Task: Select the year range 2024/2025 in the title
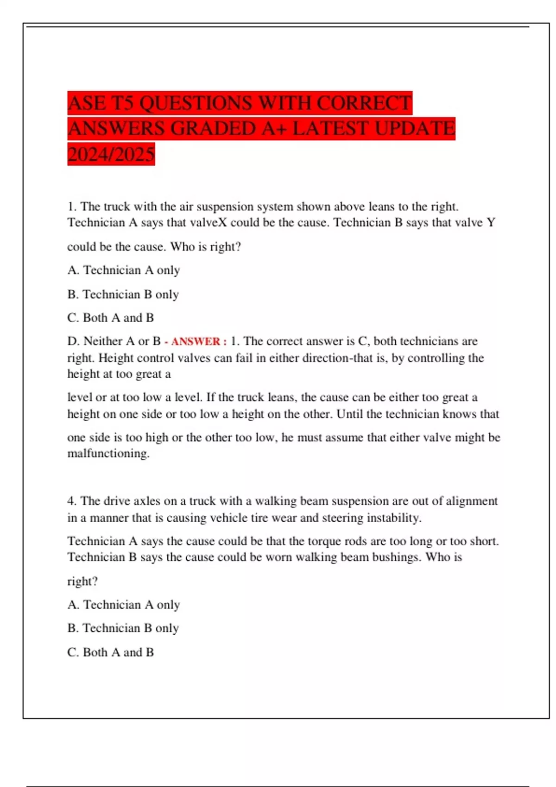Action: (x=111, y=154)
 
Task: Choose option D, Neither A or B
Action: (x=114, y=341)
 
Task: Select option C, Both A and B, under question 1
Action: (x=111, y=318)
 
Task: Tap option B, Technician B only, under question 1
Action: (x=123, y=294)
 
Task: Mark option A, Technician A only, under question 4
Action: (x=124, y=605)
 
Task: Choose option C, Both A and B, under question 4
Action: (x=111, y=652)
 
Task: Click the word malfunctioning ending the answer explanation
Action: (x=108, y=453)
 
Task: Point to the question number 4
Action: (x=71, y=501)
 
